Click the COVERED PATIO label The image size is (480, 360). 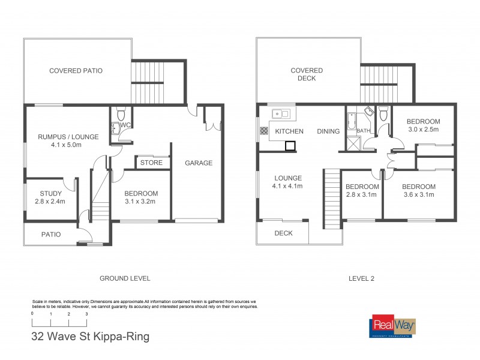(76, 71)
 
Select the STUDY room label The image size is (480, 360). (51, 193)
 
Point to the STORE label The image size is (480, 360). (152, 163)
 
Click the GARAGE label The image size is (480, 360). (198, 163)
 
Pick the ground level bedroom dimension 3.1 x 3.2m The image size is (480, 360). (141, 202)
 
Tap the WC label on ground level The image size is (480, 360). (125, 125)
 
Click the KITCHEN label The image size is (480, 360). (289, 131)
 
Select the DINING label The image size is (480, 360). (328, 131)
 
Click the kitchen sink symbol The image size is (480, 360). (280, 112)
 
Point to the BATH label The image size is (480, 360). (364, 130)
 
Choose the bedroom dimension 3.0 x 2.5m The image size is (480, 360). (423, 129)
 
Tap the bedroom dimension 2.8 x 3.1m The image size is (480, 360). (361, 194)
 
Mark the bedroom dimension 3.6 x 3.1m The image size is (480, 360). (418, 194)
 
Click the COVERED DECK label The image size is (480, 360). (307, 74)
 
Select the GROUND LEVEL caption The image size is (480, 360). (124, 278)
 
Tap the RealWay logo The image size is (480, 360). (393, 327)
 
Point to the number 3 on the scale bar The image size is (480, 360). (86, 314)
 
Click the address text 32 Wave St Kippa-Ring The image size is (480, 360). (90, 337)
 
